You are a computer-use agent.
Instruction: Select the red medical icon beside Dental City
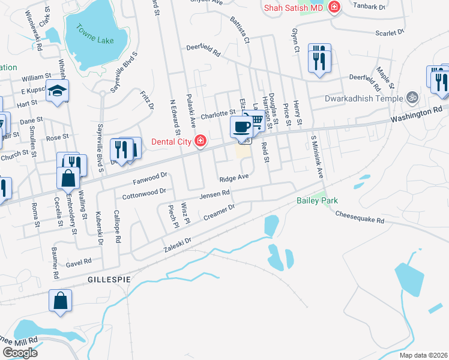[x=200, y=142]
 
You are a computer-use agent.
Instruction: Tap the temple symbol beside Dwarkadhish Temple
[x=412, y=95]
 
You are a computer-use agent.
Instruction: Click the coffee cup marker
[x=241, y=127]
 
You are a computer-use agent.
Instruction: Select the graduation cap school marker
[x=58, y=91]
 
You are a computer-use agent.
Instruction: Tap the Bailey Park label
[x=317, y=200]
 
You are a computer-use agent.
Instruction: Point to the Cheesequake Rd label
[x=360, y=217]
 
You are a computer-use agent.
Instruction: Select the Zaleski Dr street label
[x=177, y=244]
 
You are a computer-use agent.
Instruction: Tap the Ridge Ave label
[x=234, y=178]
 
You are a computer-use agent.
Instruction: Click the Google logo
[x=20, y=353]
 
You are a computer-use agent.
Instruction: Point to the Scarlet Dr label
[x=390, y=34]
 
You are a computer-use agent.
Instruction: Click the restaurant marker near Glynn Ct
[x=319, y=58]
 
